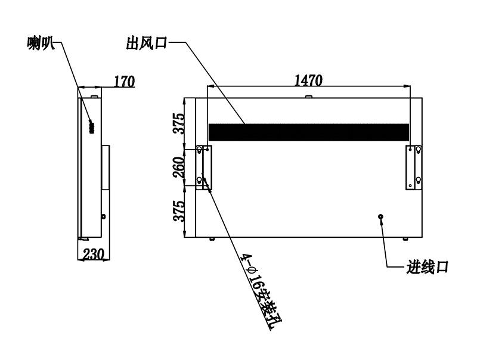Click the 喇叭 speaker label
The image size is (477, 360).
coord(41,44)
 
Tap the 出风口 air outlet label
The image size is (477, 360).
coord(147,43)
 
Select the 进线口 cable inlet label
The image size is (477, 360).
coord(428,267)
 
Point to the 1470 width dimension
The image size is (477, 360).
coord(308,80)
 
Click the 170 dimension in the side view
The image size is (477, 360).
coord(124,82)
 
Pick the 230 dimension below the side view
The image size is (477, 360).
coord(94,254)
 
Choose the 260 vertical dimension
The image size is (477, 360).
coord(178,167)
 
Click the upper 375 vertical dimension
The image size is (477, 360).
coord(178,123)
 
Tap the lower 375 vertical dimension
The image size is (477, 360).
coord(178,211)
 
